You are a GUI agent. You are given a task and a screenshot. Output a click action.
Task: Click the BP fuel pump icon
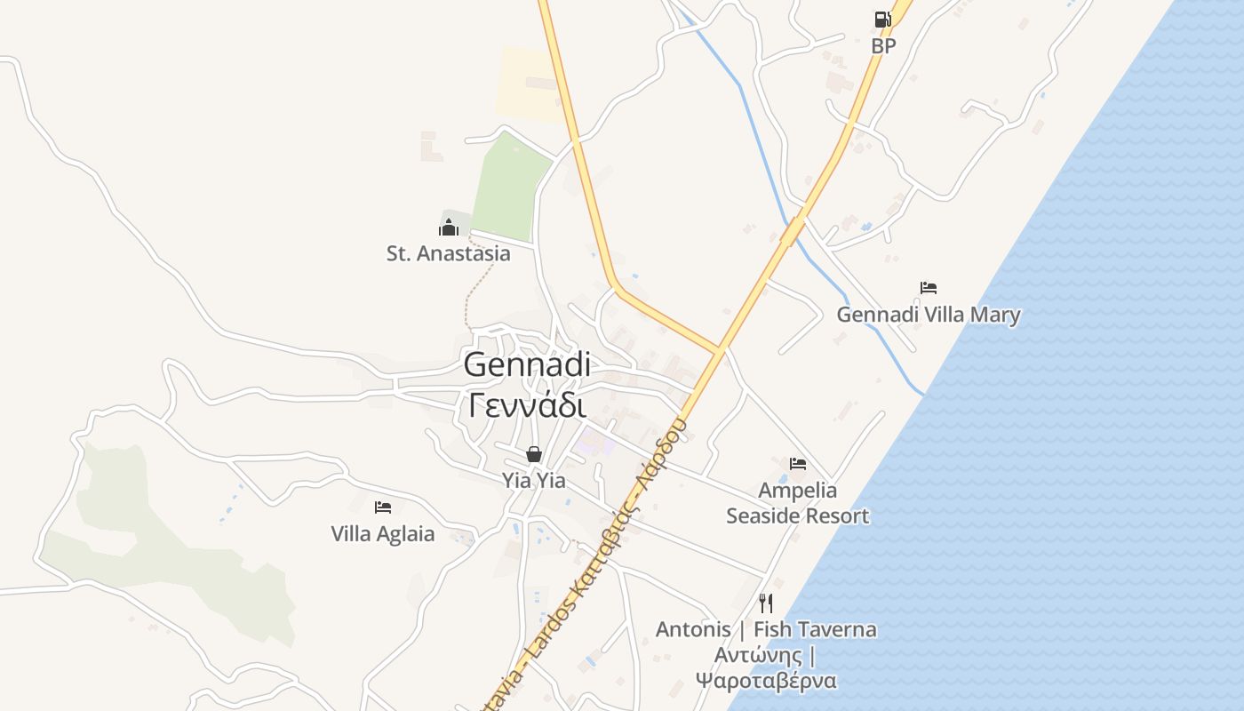pyautogui.click(x=882, y=20)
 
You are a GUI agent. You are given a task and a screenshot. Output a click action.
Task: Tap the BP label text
pyautogui.click(x=883, y=45)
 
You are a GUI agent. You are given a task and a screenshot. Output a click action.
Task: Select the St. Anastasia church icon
pyautogui.click(x=449, y=228)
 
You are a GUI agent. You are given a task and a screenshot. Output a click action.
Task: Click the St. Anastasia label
pyautogui.click(x=449, y=253)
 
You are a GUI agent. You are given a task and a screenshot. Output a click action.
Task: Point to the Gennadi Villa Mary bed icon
pyautogui.click(x=929, y=288)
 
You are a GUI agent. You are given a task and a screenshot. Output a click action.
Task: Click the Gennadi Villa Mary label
pyautogui.click(x=929, y=315)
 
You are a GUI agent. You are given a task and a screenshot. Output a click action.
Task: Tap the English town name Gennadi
pyautogui.click(x=527, y=364)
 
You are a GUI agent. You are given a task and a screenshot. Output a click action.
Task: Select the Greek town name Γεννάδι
pyautogui.click(x=527, y=405)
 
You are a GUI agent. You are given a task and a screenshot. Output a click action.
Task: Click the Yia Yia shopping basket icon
pyautogui.click(x=534, y=454)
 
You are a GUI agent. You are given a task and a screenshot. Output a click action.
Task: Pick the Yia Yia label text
pyautogui.click(x=534, y=481)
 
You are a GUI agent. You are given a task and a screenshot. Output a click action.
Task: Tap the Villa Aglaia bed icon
pyautogui.click(x=383, y=507)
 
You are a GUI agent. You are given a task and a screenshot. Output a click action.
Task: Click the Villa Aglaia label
pyautogui.click(x=383, y=534)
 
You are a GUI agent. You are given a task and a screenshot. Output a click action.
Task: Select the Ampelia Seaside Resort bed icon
pyautogui.click(x=798, y=464)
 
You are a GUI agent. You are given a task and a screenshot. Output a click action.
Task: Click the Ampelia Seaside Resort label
pyautogui.click(x=798, y=503)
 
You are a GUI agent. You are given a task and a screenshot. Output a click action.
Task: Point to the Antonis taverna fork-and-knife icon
pyautogui.click(x=766, y=603)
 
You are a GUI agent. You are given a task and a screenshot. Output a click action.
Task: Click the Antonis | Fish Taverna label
pyautogui.click(x=766, y=630)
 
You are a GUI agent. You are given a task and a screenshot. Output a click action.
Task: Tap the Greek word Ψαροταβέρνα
pyautogui.click(x=766, y=682)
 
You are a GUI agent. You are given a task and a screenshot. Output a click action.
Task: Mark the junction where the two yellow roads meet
pyautogui.click(x=719, y=349)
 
